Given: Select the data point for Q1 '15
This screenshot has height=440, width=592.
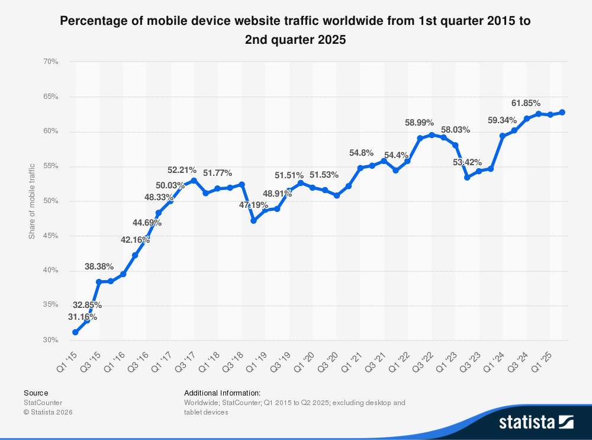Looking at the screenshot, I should (x=75, y=332).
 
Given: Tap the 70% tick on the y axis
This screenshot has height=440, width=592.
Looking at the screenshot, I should (x=50, y=62).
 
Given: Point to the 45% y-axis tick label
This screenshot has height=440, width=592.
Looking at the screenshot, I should (x=50, y=236).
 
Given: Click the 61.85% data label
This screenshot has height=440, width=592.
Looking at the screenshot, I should (x=526, y=103).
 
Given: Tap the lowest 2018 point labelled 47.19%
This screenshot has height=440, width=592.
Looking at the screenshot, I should (x=253, y=220).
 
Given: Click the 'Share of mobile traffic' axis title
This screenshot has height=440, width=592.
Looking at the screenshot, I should (x=32, y=201).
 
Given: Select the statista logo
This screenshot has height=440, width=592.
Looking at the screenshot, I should (x=536, y=422).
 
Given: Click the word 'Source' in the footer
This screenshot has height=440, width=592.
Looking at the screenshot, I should (x=36, y=393).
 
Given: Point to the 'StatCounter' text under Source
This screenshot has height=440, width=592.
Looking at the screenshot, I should (x=43, y=403).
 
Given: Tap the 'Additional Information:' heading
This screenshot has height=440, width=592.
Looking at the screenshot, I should (x=222, y=393).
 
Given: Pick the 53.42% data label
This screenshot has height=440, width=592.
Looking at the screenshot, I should (x=466, y=162).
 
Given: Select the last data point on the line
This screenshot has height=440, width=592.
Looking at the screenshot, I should (x=562, y=112).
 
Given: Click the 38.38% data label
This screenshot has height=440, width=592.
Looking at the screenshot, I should (x=99, y=267).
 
